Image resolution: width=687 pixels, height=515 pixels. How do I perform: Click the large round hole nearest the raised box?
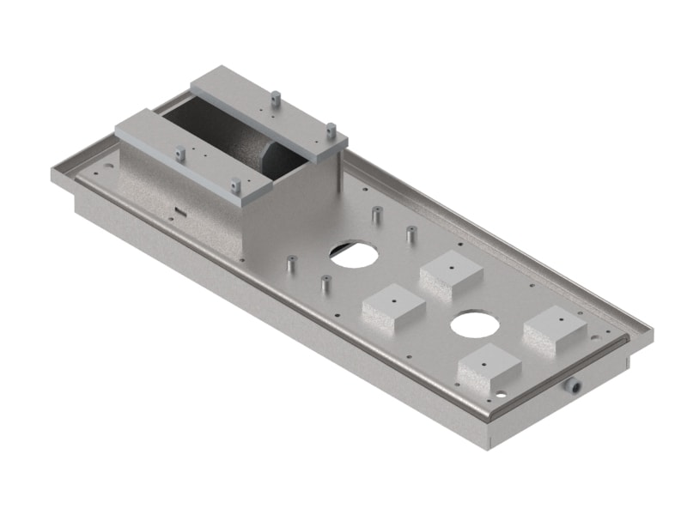coord(353,254)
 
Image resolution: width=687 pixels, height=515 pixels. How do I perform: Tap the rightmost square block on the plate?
coord(555,329)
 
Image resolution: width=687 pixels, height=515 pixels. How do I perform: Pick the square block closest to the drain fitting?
coord(489,369)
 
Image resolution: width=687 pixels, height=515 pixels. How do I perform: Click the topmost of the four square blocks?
coord(451,272)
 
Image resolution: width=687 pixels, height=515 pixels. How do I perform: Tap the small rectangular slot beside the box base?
coord(179,209)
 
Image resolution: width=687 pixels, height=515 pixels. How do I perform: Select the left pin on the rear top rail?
coord(274,100)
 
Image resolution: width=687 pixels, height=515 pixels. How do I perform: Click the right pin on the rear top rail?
coord(330,130)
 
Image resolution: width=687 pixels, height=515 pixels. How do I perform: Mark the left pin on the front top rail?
coord(179,154)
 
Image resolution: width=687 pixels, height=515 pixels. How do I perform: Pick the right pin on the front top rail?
coord(234,185)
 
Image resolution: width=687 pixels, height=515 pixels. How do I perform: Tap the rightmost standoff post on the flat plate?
coord(411,233)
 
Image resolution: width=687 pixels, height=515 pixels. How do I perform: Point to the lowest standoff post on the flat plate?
coord(325,283)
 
